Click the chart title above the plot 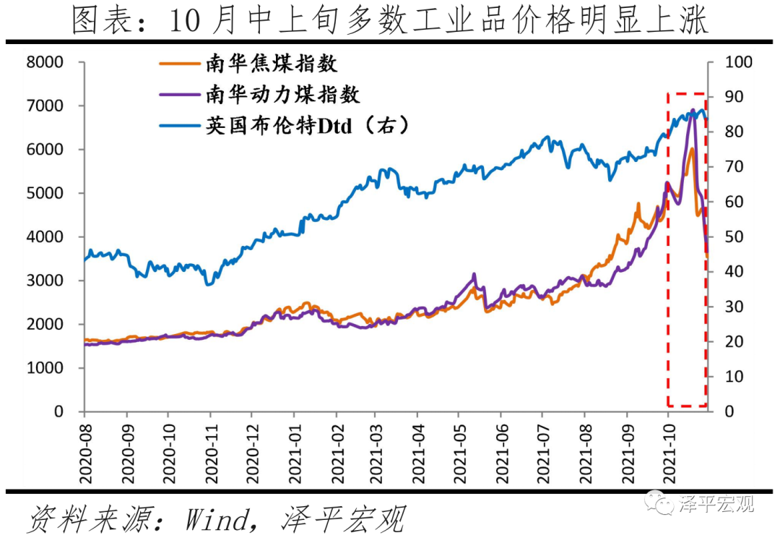tap(390, 21)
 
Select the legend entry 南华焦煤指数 tap(272, 63)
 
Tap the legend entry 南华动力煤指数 tap(282, 94)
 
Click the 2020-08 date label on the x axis tap(84, 454)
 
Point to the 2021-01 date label tap(294, 454)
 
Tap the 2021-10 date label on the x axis tap(669, 454)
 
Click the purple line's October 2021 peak tap(693, 110)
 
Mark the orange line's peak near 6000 tap(692, 148)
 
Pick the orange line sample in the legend tap(179, 63)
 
